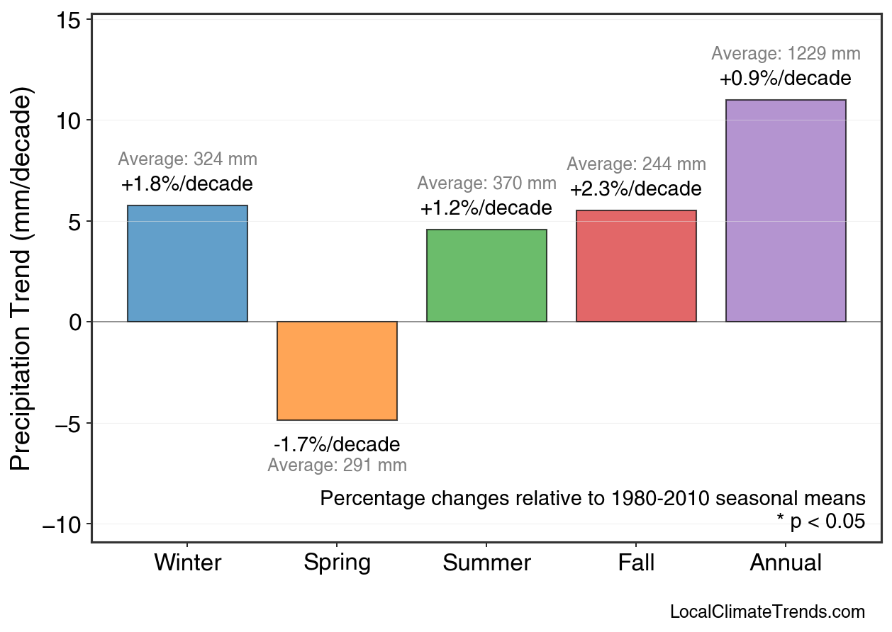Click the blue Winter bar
point(187,264)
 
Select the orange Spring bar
point(337,371)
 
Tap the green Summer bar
point(486,276)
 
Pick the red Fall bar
point(636,266)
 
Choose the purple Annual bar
point(786,211)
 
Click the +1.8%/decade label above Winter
point(187,185)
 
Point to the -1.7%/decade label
point(337,445)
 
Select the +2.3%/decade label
point(636,190)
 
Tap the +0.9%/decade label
point(786,79)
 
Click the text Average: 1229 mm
point(786,54)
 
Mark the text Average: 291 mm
point(337,465)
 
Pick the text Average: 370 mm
point(486,184)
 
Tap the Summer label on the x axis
point(486,563)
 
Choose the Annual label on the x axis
point(786,563)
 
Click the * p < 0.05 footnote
point(821,521)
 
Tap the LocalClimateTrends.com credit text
point(767,612)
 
